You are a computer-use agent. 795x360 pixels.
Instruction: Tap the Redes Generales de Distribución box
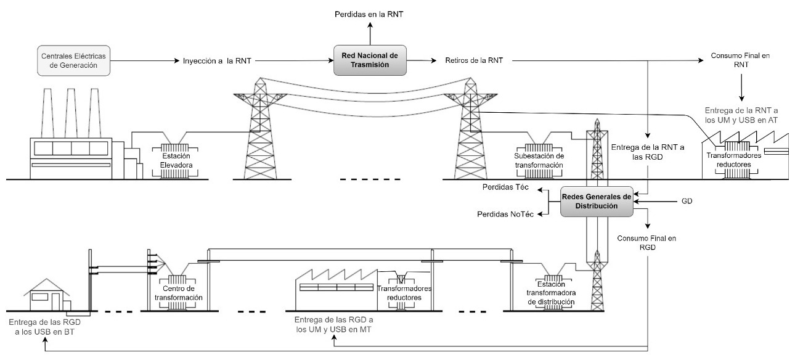coord(597,201)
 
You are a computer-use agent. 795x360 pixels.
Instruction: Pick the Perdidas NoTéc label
coord(505,214)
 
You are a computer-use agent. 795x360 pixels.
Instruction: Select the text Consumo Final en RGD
coord(646,242)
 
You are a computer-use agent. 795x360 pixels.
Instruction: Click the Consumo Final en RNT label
coord(740,60)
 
